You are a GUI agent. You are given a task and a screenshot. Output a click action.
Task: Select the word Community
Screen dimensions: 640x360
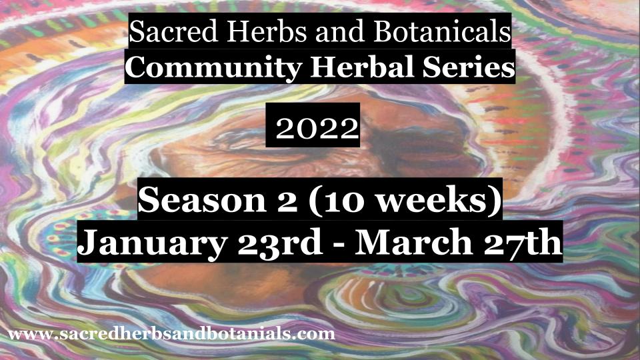pyautogui.click(x=213, y=68)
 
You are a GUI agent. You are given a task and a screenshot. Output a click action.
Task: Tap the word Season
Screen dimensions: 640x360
pyautogui.click(x=202, y=200)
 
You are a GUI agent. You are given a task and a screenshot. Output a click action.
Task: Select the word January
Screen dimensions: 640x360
pyautogui.click(x=152, y=243)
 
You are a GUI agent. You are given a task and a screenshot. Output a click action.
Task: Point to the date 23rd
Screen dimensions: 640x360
pyautogui.click(x=280, y=243)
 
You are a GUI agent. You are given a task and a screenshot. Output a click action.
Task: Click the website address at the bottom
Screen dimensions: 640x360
pyautogui.click(x=171, y=334)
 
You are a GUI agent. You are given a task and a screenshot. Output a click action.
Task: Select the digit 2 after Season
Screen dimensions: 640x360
pyautogui.click(x=286, y=201)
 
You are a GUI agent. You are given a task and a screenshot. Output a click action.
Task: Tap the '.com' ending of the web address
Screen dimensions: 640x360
pyautogui.click(x=315, y=335)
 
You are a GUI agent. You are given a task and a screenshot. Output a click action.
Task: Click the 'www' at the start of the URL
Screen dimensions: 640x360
pyautogui.click(x=29, y=335)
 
